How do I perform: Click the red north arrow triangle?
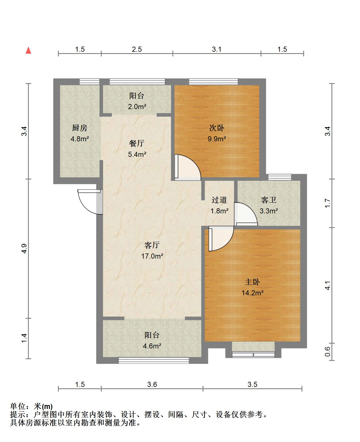(29, 50)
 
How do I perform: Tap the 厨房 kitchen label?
(80, 128)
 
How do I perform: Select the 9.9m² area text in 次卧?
(217, 138)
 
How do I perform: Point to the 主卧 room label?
(252, 282)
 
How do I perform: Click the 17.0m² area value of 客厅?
(152, 256)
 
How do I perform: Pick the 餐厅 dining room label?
(137, 143)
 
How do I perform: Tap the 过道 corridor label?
(219, 200)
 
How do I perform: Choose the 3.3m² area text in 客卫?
(269, 211)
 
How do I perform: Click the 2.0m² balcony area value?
(137, 107)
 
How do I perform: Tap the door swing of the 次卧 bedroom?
(188, 167)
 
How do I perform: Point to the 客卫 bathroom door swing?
(246, 214)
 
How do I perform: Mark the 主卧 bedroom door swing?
(221, 239)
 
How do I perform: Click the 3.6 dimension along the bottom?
(152, 385)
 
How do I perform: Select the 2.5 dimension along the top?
(137, 49)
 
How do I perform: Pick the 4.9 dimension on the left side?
(24, 249)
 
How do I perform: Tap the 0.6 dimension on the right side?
(328, 352)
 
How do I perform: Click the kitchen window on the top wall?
(90, 81)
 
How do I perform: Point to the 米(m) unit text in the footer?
(43, 406)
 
